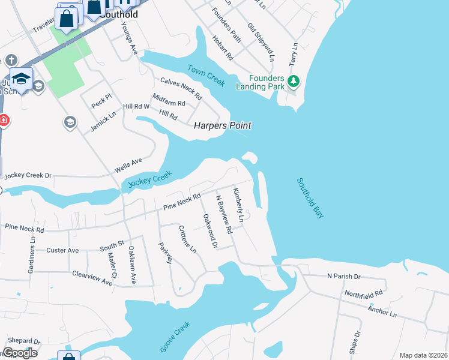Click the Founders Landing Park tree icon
click(x=294, y=80)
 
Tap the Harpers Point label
click(x=222, y=125)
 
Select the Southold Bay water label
click(x=310, y=197)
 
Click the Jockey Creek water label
click(x=150, y=179)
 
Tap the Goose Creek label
click(x=175, y=337)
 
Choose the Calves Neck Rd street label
click(x=181, y=89)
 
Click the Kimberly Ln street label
click(x=238, y=205)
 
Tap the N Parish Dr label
click(x=343, y=276)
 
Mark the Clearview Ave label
click(x=92, y=278)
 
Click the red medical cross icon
click(x=4, y=120)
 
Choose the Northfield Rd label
click(x=363, y=294)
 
